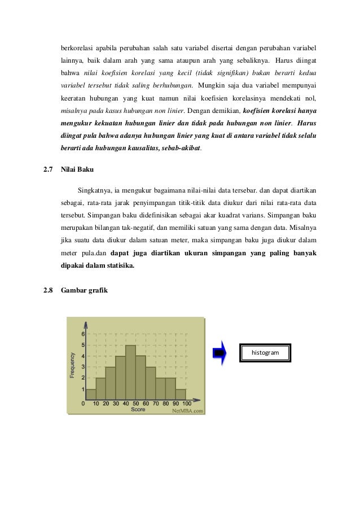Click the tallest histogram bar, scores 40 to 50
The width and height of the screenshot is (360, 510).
pyautogui.click(x=130, y=373)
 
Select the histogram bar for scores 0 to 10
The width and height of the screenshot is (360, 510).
pyautogui.click(x=90, y=394)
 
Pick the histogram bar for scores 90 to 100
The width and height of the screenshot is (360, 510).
pyautogui.click(x=180, y=394)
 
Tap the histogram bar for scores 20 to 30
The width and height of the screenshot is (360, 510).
pyautogui.click(x=110, y=383)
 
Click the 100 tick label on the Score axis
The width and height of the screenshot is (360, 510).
pyautogui.click(x=186, y=403)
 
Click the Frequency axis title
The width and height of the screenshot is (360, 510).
pyautogui.click(x=73, y=365)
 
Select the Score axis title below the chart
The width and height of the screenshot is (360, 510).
pyautogui.click(x=138, y=409)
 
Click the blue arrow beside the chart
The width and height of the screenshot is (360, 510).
pyautogui.click(x=220, y=353)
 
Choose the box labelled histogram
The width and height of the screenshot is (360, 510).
pyautogui.click(x=265, y=352)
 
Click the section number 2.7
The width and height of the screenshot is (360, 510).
pyautogui.click(x=49, y=169)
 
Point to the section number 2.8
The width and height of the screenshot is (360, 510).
pyautogui.click(x=49, y=290)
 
